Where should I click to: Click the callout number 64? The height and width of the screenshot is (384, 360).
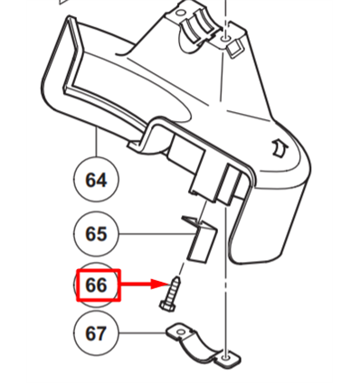[x=96, y=180]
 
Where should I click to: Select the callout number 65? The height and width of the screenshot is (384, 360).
[x=96, y=233]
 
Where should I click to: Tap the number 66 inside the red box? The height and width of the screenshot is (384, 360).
[x=96, y=285]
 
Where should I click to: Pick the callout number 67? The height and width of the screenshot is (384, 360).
[x=96, y=333]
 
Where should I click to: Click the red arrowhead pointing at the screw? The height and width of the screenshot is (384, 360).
[x=159, y=284]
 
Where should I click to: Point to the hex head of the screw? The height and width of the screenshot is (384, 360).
[x=166, y=307]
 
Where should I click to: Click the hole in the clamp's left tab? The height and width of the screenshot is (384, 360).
[x=181, y=332]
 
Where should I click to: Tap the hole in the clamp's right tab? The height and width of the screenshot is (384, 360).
[x=226, y=358]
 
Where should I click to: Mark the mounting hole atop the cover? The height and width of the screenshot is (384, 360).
[x=225, y=39]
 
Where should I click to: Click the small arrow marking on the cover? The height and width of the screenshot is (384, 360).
[x=280, y=148]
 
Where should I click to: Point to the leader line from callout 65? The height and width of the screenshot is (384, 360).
[x=156, y=234]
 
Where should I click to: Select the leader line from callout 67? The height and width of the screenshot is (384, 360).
[x=142, y=332]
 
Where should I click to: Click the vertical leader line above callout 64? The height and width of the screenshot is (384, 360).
[x=97, y=142]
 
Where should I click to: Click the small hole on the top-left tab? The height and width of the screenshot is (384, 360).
[x=180, y=13]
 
